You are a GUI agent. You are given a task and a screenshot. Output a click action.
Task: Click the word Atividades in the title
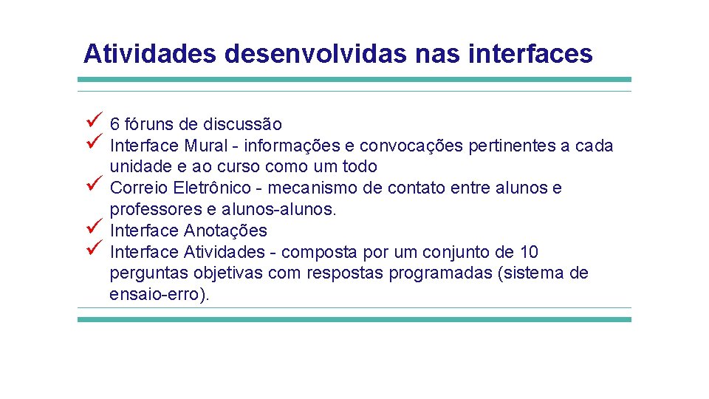click(x=149, y=53)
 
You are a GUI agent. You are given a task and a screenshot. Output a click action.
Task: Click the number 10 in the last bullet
click(x=529, y=253)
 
